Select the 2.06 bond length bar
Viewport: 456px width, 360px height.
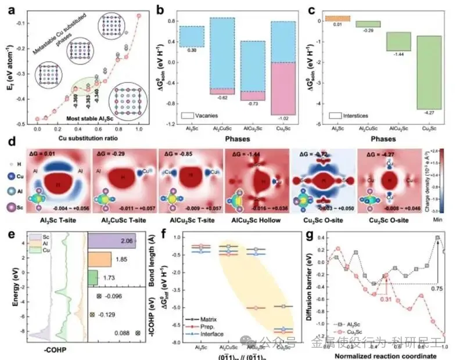(111, 240)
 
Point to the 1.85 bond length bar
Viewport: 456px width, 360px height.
(99, 259)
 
